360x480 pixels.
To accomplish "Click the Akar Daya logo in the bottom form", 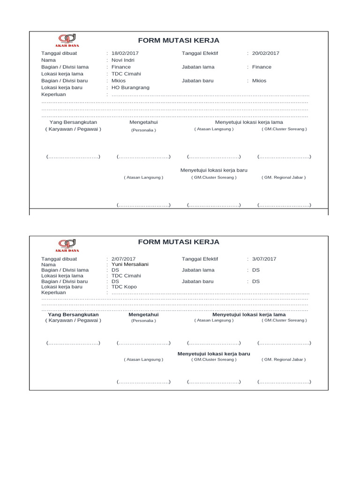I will pyautogui.click(x=68, y=244).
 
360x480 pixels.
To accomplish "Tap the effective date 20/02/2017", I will pyautogui.click(x=265, y=53).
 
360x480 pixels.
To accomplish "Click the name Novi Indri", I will pyautogui.click(x=124, y=60).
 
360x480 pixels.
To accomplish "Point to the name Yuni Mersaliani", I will pyautogui.click(x=130, y=264).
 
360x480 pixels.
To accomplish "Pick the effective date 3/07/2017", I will pyautogui.click(x=264, y=259).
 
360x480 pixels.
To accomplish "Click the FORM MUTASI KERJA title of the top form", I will pyautogui.click(x=179, y=40).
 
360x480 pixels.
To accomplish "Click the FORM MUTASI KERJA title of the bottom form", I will pyautogui.click(x=179, y=242).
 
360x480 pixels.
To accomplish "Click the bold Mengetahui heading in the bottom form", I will pyautogui.click(x=143, y=315).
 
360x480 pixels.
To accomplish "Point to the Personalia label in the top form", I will pyautogui.click(x=143, y=130).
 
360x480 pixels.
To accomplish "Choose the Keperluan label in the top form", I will pyautogui.click(x=53, y=94).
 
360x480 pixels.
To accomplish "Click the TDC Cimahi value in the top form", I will pyautogui.click(x=126, y=74).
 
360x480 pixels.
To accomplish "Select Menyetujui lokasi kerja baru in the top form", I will pyautogui.click(x=214, y=170).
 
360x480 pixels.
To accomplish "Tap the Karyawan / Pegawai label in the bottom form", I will pyautogui.click(x=73, y=320).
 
